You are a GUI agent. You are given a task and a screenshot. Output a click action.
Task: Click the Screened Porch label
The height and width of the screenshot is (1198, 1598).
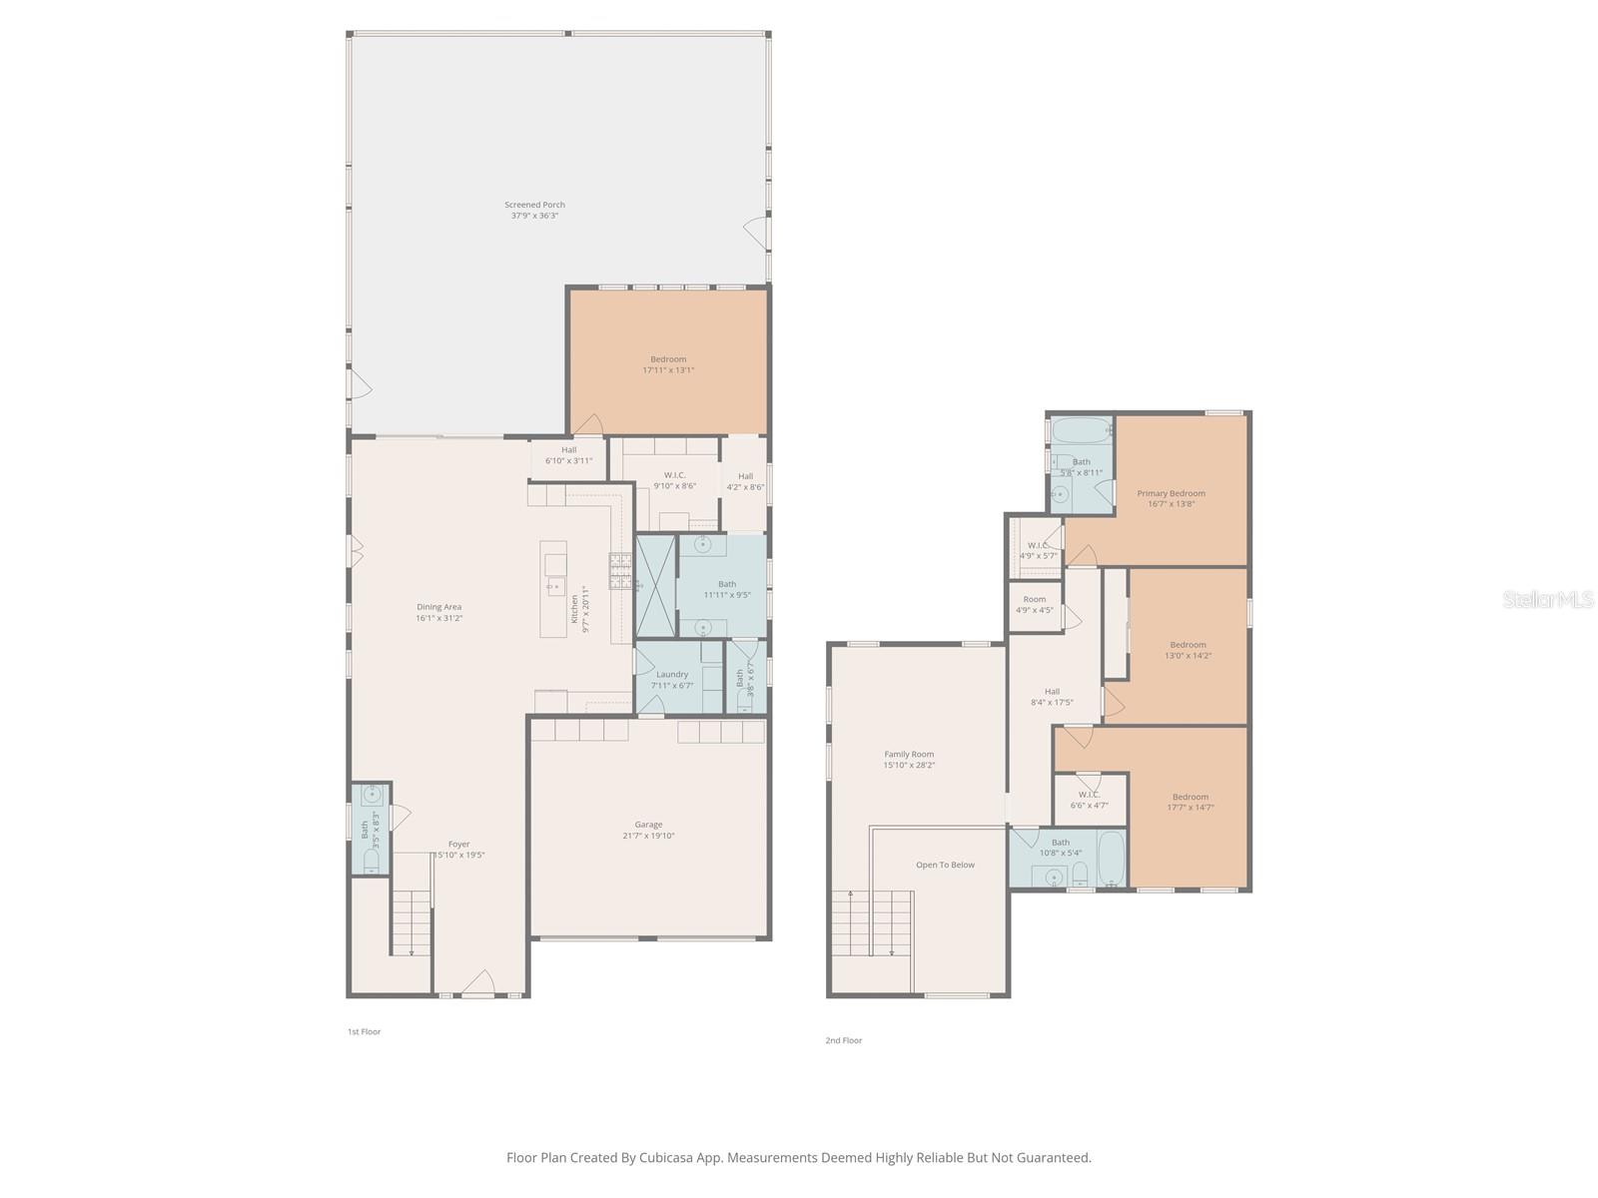coord(534,205)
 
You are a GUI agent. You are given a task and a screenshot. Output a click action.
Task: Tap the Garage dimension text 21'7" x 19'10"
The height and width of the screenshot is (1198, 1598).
coord(648,836)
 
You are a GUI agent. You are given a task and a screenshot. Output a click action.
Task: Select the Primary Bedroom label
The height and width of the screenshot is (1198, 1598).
coord(1171,493)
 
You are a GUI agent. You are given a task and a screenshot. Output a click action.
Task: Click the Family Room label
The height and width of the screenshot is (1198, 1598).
coord(909,755)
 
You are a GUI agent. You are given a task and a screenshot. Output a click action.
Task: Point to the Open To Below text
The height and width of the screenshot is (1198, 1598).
coord(945,865)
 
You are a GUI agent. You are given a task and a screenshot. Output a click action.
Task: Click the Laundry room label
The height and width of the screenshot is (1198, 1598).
coord(672,674)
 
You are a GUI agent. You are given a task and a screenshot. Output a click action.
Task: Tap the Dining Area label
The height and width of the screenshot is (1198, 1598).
coord(438,607)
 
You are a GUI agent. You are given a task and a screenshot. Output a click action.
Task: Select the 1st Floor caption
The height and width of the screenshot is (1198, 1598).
coord(364,1031)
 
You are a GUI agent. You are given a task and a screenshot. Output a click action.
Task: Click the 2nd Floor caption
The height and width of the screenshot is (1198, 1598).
coord(843,1040)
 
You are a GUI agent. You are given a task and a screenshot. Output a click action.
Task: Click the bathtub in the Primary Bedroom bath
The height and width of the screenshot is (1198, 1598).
coord(1081,432)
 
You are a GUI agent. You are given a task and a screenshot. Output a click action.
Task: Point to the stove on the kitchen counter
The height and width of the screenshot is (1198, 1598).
coord(620,570)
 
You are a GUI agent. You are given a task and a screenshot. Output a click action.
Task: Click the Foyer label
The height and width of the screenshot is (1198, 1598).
coord(458,844)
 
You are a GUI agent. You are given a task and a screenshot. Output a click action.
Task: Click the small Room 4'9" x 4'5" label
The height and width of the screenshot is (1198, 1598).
coord(1035,600)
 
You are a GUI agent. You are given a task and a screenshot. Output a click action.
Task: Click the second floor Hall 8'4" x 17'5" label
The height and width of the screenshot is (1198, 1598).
coord(1052,691)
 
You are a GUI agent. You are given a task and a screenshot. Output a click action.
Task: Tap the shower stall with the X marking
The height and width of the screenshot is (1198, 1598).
coord(655,586)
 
